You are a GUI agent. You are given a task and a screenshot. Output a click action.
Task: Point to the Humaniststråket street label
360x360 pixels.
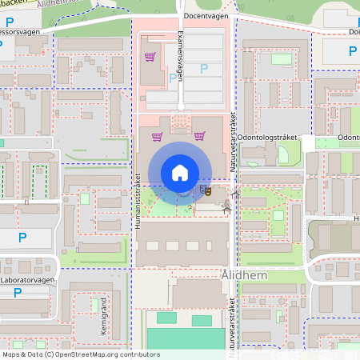point(138,204)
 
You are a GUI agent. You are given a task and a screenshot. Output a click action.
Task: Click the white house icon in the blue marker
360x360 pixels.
point(180,172)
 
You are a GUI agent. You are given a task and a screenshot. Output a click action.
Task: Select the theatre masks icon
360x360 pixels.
point(206,190)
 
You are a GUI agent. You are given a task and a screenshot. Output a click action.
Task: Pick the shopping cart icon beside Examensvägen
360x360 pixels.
point(149,58)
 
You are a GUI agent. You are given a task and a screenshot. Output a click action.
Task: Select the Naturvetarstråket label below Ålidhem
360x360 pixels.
point(233,324)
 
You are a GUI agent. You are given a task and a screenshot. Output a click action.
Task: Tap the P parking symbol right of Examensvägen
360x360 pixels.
point(203,69)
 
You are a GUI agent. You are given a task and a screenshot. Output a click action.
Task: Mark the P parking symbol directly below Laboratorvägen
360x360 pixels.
point(18,294)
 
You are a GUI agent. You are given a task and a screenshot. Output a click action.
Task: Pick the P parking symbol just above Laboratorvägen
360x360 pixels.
point(22,237)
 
